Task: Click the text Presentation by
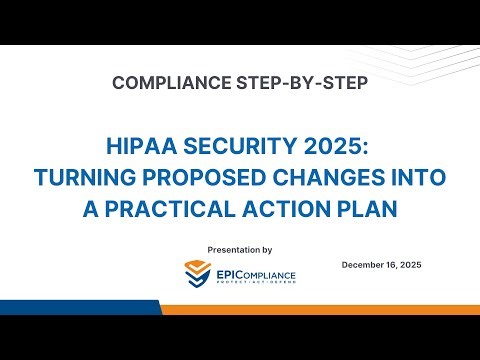click(x=239, y=248)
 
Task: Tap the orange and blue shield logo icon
click(x=198, y=272)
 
